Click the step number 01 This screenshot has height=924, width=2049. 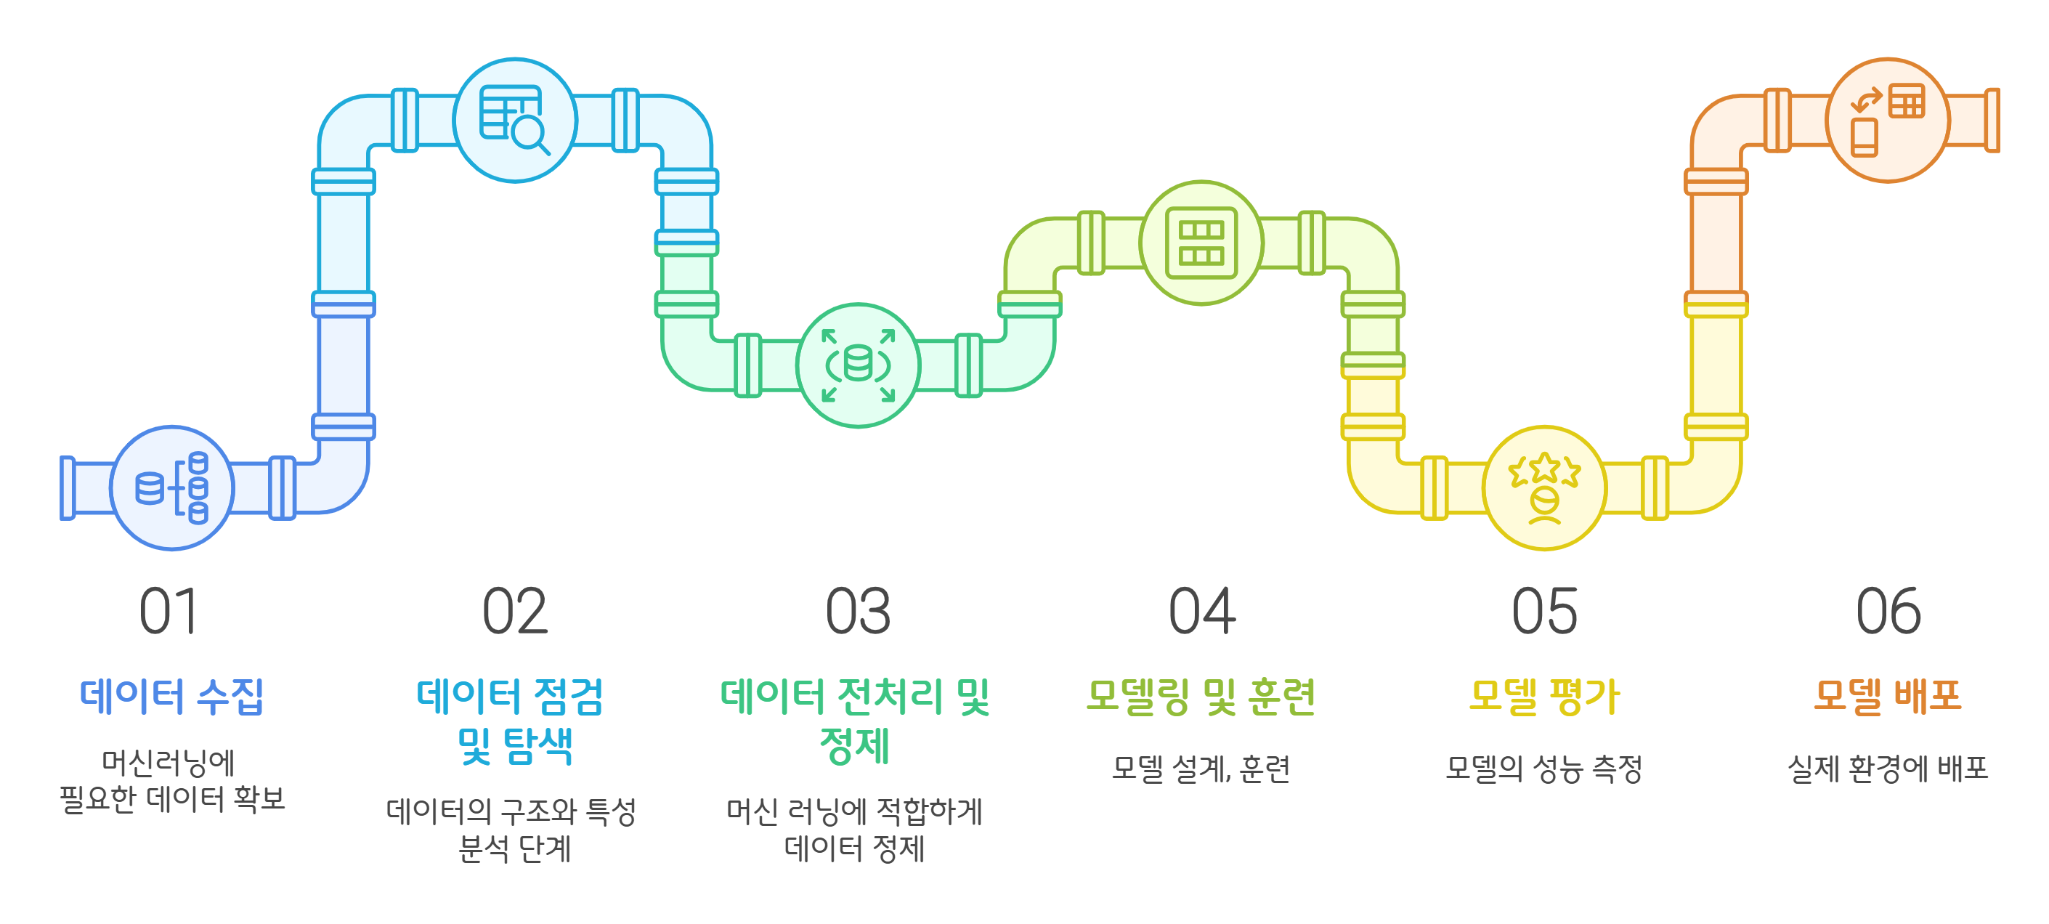[169, 612]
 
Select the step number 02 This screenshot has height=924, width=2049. [515, 612]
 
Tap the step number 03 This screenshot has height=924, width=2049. [858, 612]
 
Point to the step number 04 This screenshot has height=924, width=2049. [1201, 612]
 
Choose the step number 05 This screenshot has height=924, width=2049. [1544, 612]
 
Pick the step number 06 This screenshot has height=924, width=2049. [1888, 612]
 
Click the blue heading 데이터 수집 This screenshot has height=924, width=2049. [172, 696]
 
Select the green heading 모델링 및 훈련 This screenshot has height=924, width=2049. [1201, 696]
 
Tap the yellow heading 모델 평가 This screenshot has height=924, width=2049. [1544, 696]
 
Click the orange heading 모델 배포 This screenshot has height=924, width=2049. [1888, 696]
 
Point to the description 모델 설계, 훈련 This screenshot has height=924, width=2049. [1201, 768]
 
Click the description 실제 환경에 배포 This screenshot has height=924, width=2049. [1888, 768]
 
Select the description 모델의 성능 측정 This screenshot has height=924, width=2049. [1544, 768]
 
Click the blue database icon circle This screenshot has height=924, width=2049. [172, 487]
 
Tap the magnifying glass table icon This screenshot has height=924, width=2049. [515, 120]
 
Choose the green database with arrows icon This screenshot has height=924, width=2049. [859, 365]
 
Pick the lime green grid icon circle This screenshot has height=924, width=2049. [1201, 243]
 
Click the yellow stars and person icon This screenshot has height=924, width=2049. [1544, 487]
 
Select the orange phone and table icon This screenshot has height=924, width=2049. [1888, 120]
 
